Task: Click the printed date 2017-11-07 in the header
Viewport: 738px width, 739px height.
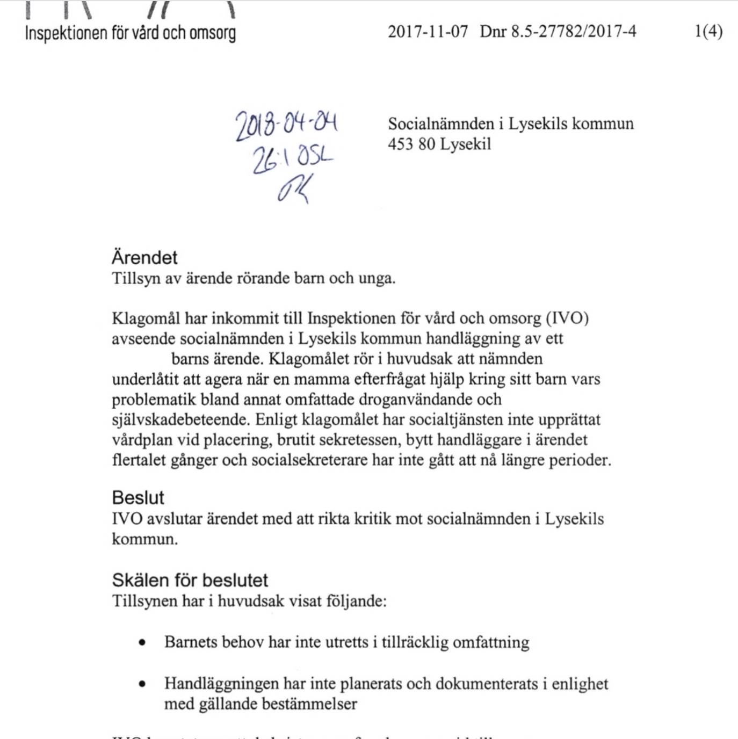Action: point(428,31)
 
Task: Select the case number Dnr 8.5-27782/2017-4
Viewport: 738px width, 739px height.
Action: point(558,31)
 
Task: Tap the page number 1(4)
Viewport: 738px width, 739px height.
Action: point(708,31)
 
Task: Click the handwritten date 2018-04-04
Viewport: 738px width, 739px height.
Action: point(286,125)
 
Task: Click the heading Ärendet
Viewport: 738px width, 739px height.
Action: point(144,257)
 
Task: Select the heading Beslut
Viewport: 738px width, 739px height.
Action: point(138,497)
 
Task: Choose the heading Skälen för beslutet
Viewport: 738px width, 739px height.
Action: point(190,580)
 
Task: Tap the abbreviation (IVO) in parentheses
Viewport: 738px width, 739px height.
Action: point(567,318)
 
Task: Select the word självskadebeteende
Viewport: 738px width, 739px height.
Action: point(180,419)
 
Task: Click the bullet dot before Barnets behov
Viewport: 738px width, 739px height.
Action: point(142,642)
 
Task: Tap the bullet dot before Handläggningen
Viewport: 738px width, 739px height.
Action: point(142,684)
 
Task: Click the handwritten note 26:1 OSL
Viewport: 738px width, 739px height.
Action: point(293,158)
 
